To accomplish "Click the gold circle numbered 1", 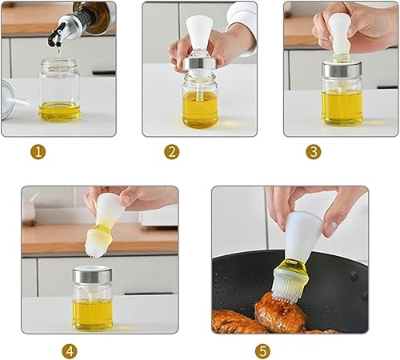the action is click(x=38, y=152).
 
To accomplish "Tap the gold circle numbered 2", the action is click(x=172, y=152).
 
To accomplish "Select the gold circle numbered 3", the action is click(x=314, y=152).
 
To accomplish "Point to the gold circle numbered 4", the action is click(x=70, y=350).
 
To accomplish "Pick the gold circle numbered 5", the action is click(x=262, y=350).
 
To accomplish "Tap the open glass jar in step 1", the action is click(x=59, y=90).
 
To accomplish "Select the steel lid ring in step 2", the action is click(x=199, y=64).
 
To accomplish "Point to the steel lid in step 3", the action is click(x=342, y=69).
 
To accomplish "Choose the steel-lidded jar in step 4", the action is click(x=92, y=298).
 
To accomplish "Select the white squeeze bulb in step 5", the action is click(x=302, y=235).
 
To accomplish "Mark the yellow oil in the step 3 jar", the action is click(x=342, y=107).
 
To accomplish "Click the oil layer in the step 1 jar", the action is click(x=59, y=111).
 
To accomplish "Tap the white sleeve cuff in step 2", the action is click(x=242, y=15).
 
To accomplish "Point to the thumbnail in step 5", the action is click(x=330, y=228).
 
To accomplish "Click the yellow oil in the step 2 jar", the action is click(x=200, y=108).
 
